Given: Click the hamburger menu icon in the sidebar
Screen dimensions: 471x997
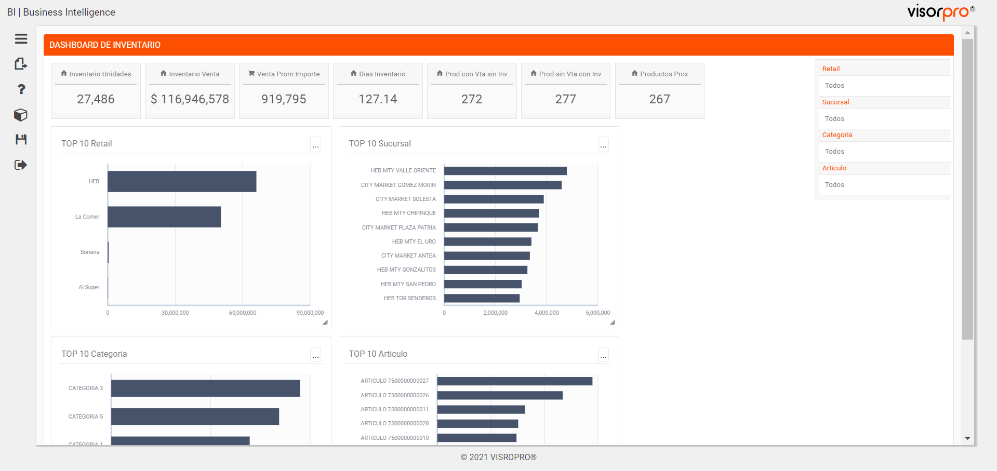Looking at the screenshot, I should click(21, 39).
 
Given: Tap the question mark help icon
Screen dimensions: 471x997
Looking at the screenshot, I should click(21, 89).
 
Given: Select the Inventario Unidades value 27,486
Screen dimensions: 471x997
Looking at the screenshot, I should click(96, 99).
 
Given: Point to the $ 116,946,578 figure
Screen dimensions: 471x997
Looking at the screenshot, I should click(190, 99).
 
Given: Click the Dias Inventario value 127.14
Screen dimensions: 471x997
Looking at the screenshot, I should click(378, 99).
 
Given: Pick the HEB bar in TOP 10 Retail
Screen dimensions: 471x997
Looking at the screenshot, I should click(182, 181).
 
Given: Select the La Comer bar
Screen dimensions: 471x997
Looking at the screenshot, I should click(164, 217).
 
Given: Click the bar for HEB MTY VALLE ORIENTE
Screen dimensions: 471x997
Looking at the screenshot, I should click(505, 171).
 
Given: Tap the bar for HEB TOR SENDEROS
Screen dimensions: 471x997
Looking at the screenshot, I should click(482, 298).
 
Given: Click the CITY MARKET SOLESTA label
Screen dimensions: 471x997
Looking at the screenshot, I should click(405, 199).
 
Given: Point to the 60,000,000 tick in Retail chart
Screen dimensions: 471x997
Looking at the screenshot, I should click(243, 313).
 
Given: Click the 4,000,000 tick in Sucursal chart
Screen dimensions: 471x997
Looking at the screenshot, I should click(547, 313).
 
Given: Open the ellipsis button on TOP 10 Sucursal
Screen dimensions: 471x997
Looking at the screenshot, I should click(603, 144).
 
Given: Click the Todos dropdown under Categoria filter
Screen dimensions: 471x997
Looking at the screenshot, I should click(885, 152).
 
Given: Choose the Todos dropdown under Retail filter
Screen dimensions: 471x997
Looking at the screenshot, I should click(885, 86).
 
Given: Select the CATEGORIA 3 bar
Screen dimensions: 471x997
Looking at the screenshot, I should click(205, 388).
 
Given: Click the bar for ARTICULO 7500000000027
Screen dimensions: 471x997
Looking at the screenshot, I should click(514, 381).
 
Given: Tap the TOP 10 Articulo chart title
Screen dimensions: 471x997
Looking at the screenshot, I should click(378, 354).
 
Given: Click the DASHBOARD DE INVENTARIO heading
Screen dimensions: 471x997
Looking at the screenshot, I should click(105, 45).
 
